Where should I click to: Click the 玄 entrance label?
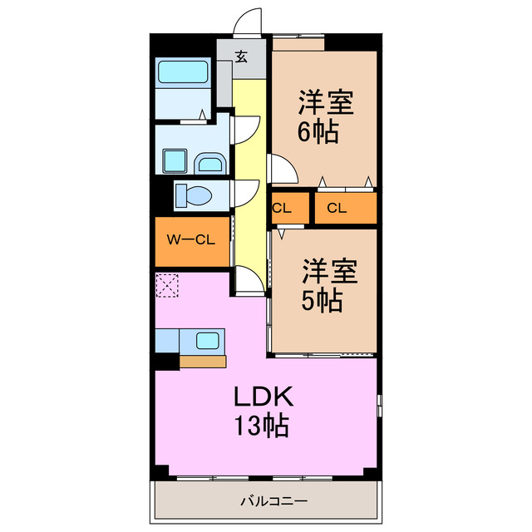tap(241, 57)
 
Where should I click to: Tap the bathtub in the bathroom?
tap(183, 72)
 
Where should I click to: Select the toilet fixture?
tap(194, 196)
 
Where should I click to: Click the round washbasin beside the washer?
tap(209, 164)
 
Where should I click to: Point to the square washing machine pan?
tap(175, 160)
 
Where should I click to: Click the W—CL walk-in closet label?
tap(190, 240)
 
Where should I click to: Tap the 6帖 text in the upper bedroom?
tap(318, 131)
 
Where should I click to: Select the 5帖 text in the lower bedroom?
tap(322, 300)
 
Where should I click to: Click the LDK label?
tap(264, 396)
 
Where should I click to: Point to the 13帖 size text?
tap(262, 425)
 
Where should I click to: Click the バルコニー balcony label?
tap(274, 500)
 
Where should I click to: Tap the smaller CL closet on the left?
tap(290, 208)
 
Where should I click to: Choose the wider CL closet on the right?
tap(346, 208)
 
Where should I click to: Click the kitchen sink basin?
tap(207, 341)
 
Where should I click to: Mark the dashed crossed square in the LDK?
tap(167, 286)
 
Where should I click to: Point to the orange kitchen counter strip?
tap(203, 362)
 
